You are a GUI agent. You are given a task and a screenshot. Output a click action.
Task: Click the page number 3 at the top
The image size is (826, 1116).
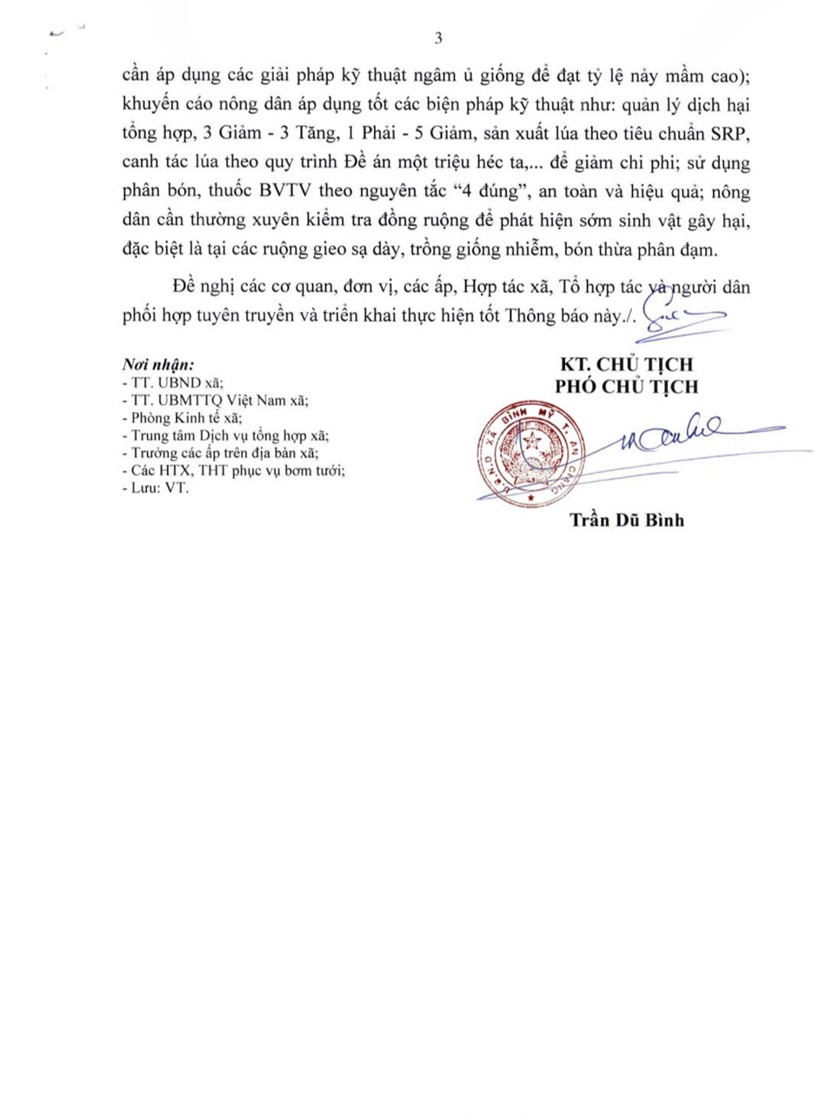[x=438, y=39]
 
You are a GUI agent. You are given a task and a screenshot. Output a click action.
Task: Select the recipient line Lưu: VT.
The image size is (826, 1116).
[x=157, y=488]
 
